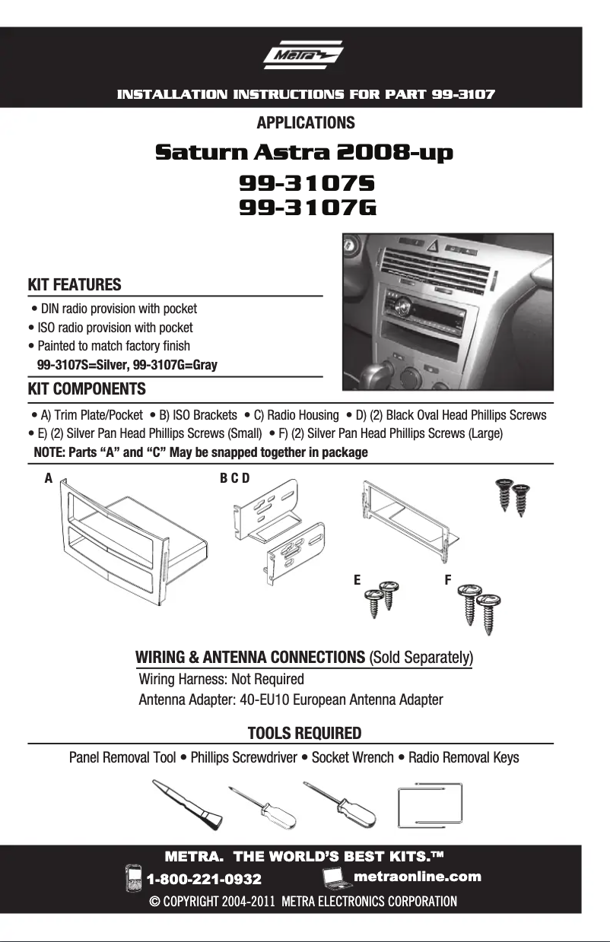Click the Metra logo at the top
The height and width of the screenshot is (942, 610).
click(x=303, y=58)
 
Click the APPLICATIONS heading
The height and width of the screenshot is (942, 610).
click(x=306, y=122)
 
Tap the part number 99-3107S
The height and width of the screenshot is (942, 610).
click(x=308, y=183)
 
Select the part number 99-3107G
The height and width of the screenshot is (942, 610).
click(x=308, y=208)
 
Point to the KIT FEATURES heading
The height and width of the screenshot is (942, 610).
click(x=75, y=285)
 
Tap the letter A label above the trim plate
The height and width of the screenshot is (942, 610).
click(x=49, y=478)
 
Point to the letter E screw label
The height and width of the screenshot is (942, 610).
click(x=357, y=579)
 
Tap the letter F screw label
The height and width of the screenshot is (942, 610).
click(x=448, y=579)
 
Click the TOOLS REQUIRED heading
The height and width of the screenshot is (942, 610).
click(x=304, y=734)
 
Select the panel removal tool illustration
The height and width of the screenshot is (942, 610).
click(x=188, y=804)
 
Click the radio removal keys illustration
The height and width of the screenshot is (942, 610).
click(x=430, y=804)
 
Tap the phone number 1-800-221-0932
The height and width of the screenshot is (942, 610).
click(x=204, y=879)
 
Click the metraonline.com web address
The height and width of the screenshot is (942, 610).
click(x=418, y=877)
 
